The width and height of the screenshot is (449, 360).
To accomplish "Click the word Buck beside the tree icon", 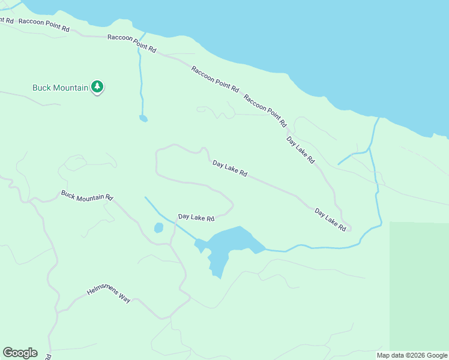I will (x=42, y=88).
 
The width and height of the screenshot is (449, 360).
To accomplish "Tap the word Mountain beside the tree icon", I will (x=71, y=88).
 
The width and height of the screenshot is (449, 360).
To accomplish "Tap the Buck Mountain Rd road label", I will (x=87, y=196).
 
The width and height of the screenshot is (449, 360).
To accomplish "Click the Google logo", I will (x=20, y=353).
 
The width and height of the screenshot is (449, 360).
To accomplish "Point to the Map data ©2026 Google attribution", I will (x=412, y=355).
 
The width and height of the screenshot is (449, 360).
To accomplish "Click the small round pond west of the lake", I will (x=158, y=228).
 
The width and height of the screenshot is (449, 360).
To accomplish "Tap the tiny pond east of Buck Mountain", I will (x=143, y=118).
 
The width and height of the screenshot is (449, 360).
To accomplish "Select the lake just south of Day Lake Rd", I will (x=234, y=241).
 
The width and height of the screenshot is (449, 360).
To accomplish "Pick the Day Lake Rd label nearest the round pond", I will (x=196, y=218).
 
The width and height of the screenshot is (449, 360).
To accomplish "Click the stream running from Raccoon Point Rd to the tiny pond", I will (x=140, y=78).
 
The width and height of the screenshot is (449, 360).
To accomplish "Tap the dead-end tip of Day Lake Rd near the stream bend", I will (x=351, y=229).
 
